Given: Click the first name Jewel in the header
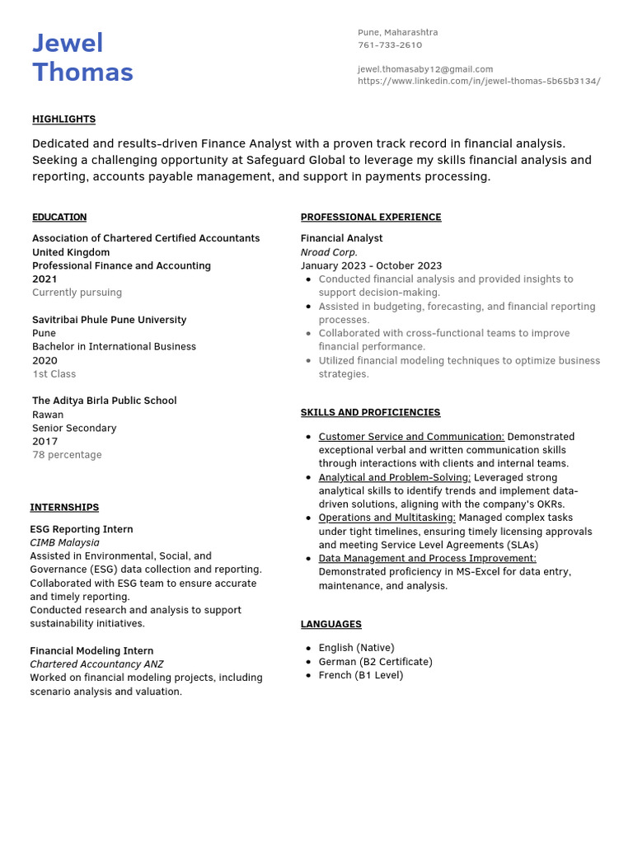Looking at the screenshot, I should (68, 44).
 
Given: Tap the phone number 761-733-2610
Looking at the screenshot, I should (389, 45).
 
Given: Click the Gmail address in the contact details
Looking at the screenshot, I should (424, 69).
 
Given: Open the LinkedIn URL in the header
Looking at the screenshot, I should (478, 82).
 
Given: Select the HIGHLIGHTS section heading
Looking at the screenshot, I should (63, 120).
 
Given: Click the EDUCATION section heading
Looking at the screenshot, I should (59, 218).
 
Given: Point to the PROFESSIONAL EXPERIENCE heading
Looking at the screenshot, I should (370, 218).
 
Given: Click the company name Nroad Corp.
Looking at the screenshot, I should (329, 252).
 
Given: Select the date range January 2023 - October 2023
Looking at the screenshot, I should (371, 266).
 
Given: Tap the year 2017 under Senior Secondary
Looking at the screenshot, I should (45, 442).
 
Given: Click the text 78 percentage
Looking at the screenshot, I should (67, 455).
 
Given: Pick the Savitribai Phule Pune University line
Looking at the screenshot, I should (109, 320).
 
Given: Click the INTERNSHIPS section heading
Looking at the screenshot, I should (64, 508).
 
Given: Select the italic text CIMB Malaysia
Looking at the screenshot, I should (64, 543).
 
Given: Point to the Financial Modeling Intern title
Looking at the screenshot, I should (91, 651).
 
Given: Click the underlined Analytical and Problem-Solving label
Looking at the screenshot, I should (394, 477).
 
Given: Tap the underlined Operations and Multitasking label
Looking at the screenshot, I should (387, 518).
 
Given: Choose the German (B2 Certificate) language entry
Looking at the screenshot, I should (375, 662).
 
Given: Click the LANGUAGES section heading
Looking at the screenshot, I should (331, 625).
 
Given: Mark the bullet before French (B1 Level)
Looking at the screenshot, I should (307, 676).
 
